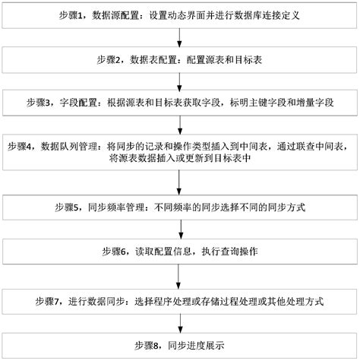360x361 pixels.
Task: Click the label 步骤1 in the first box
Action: [72, 15]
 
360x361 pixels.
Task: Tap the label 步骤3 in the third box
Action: [40, 102]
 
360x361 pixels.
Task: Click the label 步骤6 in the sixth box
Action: [116, 250]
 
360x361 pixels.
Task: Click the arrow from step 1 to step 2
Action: [179, 37]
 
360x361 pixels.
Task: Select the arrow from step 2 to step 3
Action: [179, 81]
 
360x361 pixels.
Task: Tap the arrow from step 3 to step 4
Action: [179, 124]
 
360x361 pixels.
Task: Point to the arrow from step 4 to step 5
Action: [179, 182]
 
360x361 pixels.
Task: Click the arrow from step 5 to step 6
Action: [179, 228]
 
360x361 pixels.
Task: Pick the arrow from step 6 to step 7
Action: [179, 276]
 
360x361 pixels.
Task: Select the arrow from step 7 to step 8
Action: [179, 323]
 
